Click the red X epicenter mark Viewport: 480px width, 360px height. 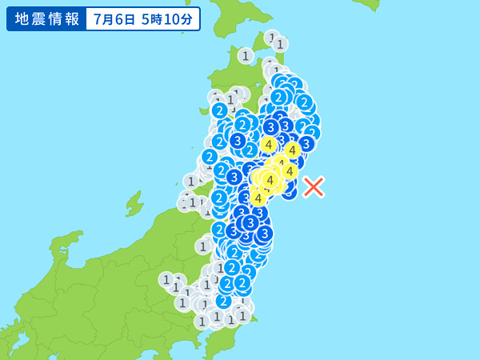click(314, 186)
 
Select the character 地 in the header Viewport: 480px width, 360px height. click(18, 18)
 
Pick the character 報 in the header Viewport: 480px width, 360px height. click(73, 18)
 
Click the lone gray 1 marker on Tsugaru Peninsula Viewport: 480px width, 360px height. click(246, 55)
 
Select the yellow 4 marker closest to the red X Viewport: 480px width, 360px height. click(289, 170)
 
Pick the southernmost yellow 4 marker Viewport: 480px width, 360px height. click(258, 198)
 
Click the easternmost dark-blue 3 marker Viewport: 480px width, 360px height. click(306, 143)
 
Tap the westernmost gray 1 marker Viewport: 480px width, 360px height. click(166, 279)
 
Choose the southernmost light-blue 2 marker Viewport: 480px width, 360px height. click(223, 301)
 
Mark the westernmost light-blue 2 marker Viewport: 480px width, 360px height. click(210, 157)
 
